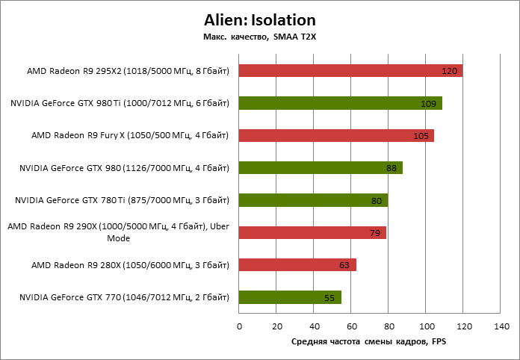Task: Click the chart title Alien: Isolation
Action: click(x=259, y=20)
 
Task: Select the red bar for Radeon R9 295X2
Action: click(x=350, y=71)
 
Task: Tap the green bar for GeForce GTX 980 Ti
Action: click(x=341, y=103)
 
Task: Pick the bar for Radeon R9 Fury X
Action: click(x=336, y=135)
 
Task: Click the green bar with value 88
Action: click(x=321, y=168)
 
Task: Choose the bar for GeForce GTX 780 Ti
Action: click(x=313, y=200)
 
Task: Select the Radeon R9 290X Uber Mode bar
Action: click(x=312, y=232)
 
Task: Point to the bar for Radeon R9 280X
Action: click(x=297, y=264)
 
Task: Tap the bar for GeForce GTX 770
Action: click(x=290, y=297)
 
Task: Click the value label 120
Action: click(x=449, y=72)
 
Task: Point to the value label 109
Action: click(x=428, y=104)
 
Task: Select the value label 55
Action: click(x=329, y=297)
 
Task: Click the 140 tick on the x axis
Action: click(x=501, y=326)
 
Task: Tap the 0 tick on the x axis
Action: click(x=239, y=326)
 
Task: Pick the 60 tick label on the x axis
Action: click(x=351, y=326)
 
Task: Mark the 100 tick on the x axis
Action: click(x=427, y=326)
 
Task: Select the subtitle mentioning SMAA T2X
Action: click(x=259, y=37)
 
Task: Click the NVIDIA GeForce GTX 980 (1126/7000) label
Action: click(x=123, y=168)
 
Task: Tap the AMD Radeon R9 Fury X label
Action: click(x=129, y=135)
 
